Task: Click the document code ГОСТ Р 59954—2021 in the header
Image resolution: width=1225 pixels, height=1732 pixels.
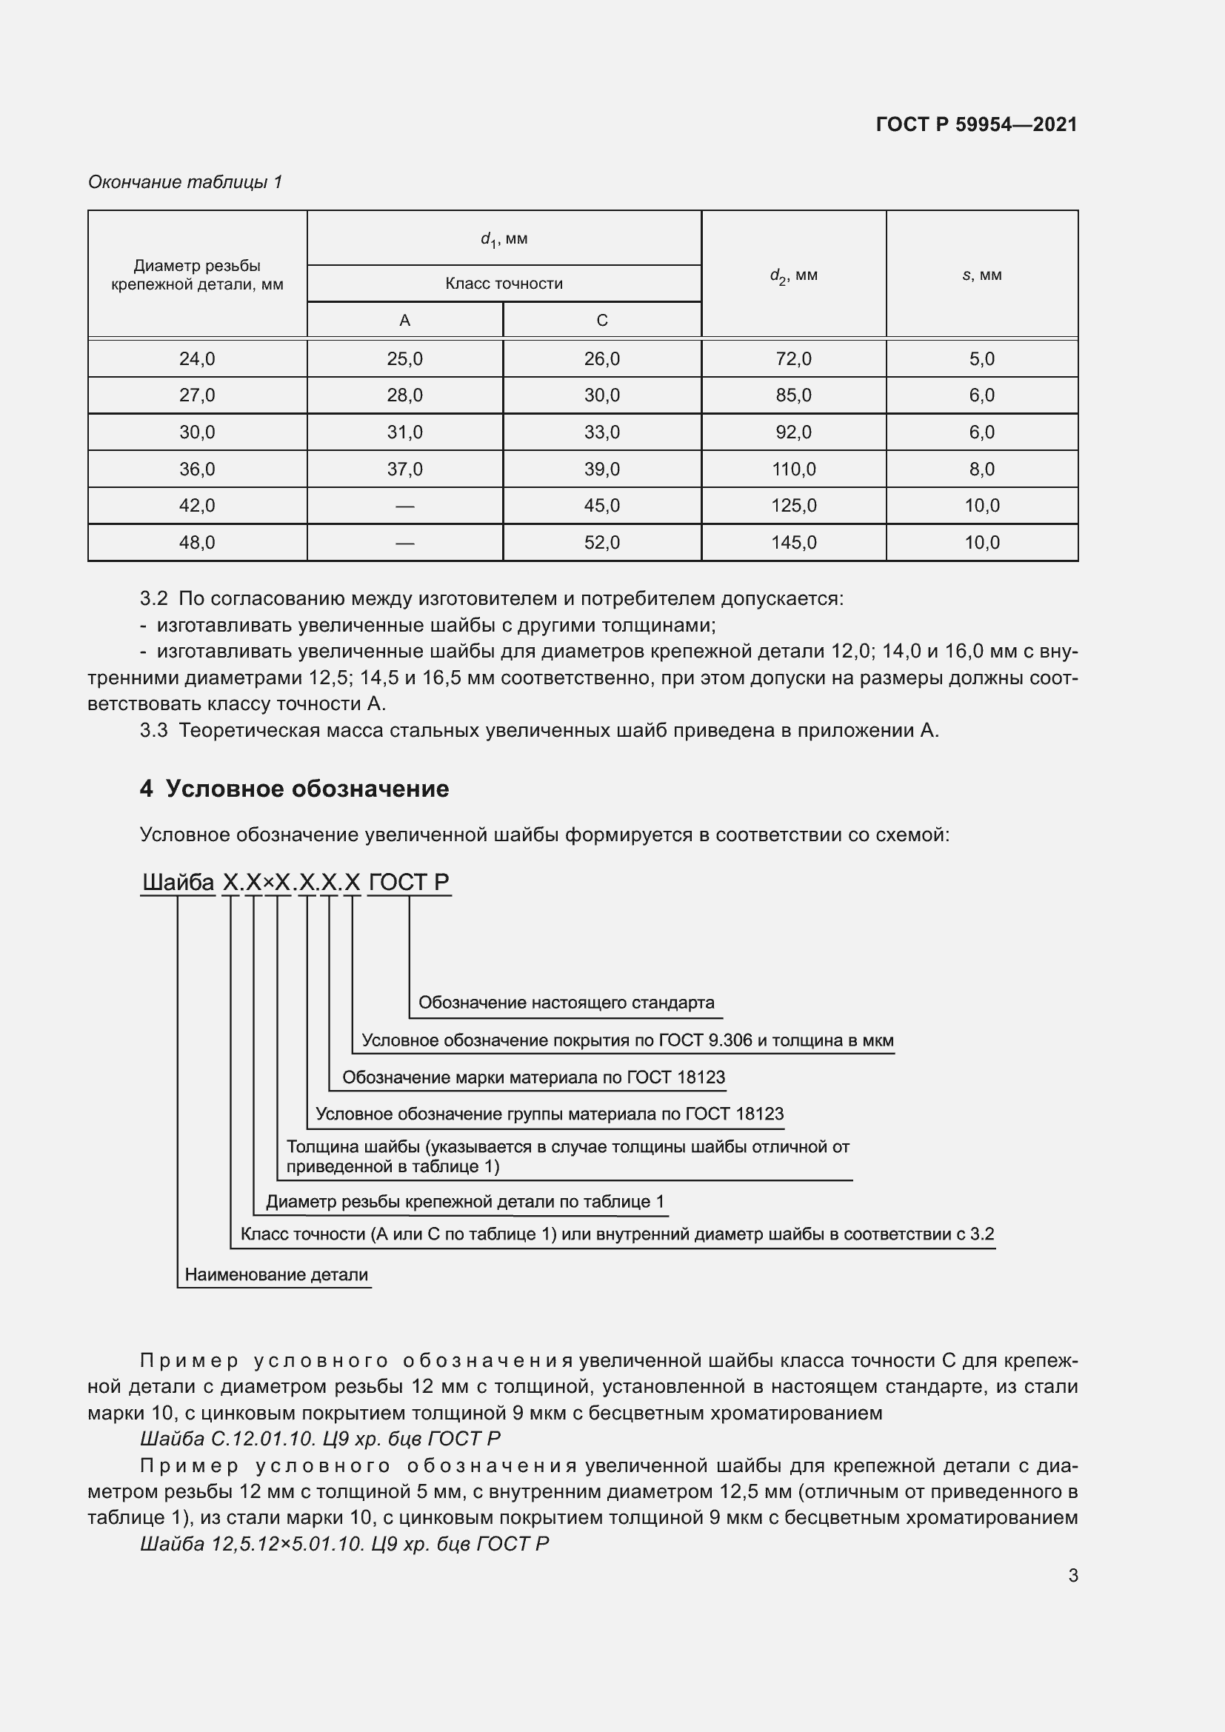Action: coord(976,124)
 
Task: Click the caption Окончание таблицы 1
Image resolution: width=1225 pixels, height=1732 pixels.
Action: coord(185,182)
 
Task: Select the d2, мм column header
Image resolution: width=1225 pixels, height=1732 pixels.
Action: coord(793,275)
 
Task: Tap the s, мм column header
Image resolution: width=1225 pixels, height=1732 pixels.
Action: coord(981,275)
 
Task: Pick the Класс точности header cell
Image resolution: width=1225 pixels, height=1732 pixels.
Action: coord(504,284)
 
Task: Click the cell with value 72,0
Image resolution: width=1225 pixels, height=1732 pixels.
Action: coord(793,359)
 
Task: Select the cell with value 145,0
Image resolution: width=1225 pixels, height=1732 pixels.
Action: coord(793,542)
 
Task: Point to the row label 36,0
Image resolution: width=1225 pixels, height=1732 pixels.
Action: coord(197,469)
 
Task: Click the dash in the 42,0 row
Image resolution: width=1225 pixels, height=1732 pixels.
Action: coord(404,506)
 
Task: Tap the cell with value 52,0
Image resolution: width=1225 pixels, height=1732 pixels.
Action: coord(601,542)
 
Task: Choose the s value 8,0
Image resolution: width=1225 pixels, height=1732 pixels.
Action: coord(981,469)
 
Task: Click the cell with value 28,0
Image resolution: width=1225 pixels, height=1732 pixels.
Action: coord(404,395)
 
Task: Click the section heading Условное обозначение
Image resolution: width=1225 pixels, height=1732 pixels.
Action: coord(307,789)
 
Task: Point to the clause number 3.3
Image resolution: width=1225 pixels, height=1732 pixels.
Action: coord(153,730)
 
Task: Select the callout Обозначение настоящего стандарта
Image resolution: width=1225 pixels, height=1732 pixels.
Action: coord(566,1003)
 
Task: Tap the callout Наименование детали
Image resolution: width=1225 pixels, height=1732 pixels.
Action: coord(276,1274)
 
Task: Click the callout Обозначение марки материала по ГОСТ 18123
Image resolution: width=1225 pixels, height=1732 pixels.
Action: coord(533,1077)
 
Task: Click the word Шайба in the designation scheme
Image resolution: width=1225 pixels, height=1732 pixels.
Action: coord(178,882)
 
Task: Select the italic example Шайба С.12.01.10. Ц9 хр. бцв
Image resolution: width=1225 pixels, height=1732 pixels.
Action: coord(320,1438)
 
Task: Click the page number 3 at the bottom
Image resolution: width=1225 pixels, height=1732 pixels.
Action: coord(1072,1575)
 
